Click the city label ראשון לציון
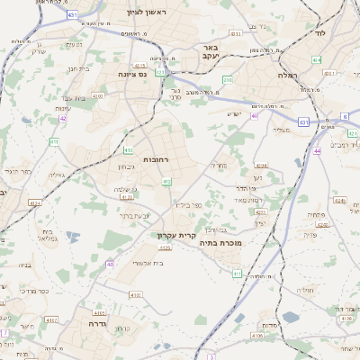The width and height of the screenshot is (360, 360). pyautogui.click(x=135, y=12)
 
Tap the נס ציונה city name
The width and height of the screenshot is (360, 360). pyautogui.click(x=133, y=76)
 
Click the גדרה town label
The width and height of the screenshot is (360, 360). pyautogui.click(x=98, y=321)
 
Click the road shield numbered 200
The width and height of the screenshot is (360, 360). pyautogui.click(x=228, y=80)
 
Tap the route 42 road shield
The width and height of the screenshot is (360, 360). pyautogui.click(x=63, y=118)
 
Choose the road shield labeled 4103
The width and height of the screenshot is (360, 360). pyautogui.click(x=126, y=196)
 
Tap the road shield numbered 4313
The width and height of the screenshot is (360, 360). pyautogui.click(x=235, y=33)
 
